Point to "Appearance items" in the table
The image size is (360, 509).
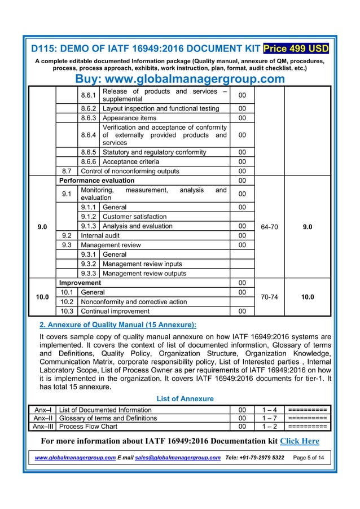click(129, 119)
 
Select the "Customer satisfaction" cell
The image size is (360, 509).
click(134, 217)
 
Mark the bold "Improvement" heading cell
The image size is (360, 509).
click(80, 282)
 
